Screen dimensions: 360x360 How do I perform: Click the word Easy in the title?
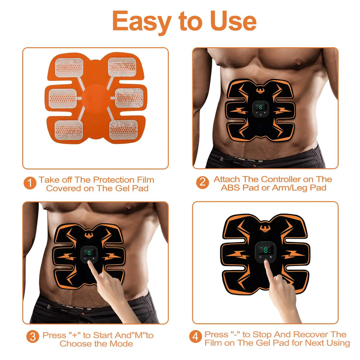pyautogui.click(x=141, y=22)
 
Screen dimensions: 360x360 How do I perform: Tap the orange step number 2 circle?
pyautogui.click(x=202, y=182)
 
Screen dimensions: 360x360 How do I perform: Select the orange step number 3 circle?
pyautogui.click(x=32, y=337)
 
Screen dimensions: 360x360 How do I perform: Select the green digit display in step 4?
pyautogui.click(x=265, y=250)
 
